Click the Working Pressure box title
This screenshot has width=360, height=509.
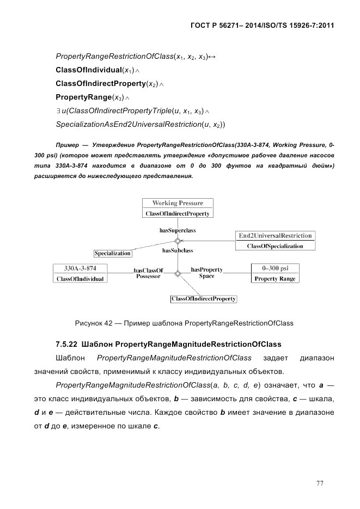click(178, 203)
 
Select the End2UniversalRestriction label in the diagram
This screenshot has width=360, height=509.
click(276, 236)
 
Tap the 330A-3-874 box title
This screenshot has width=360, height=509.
click(80, 268)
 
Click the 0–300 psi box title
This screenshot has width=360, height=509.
click(275, 268)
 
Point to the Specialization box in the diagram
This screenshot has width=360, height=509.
click(113, 253)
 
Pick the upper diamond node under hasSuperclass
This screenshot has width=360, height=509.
click(177, 241)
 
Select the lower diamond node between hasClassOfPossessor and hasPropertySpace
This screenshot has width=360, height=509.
click(177, 273)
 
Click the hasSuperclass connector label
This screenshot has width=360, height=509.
click(178, 230)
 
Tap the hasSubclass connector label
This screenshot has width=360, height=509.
click(178, 251)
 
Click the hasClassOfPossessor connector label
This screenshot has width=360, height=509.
click(148, 273)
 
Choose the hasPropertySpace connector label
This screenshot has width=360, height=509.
click(206, 273)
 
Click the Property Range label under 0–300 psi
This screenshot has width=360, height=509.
click(275, 279)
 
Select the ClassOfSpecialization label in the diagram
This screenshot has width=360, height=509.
click(275, 246)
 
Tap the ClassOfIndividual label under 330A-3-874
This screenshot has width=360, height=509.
click(80, 279)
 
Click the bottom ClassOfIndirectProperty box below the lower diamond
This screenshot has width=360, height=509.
click(204, 299)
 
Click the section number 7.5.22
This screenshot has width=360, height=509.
click(66, 344)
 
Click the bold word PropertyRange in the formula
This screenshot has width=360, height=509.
click(82, 97)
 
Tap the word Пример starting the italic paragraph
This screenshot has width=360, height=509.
click(67, 146)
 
